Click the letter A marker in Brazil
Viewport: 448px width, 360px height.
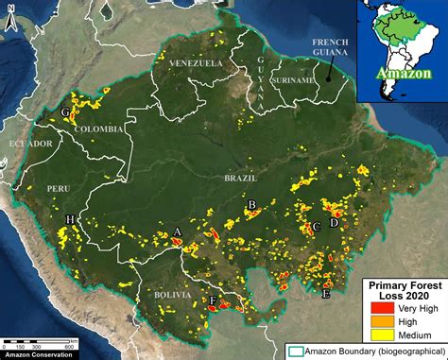[x=178, y=232]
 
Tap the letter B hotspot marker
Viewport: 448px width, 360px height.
[x=251, y=205]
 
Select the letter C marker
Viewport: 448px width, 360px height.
[x=318, y=227]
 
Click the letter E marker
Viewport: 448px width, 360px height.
[x=326, y=295]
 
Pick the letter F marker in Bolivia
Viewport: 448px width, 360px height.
[x=213, y=302]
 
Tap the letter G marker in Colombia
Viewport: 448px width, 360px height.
[x=64, y=112]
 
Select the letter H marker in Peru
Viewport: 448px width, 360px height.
[x=69, y=220]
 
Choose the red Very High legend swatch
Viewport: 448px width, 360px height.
[x=382, y=307]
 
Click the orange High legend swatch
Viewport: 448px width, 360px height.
[x=382, y=321]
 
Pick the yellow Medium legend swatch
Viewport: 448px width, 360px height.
[x=382, y=335]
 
